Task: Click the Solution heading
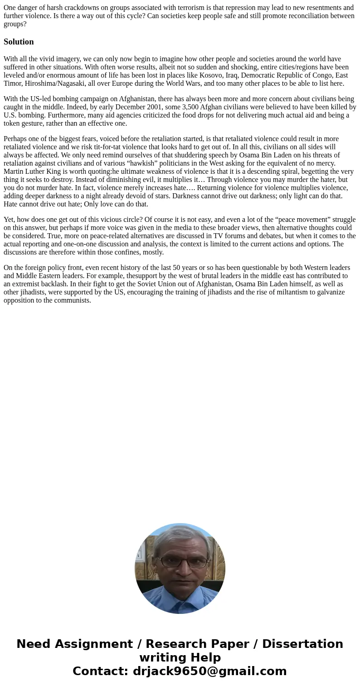[19, 42]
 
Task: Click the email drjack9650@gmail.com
[209, 671]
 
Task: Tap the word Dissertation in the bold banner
[302, 644]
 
